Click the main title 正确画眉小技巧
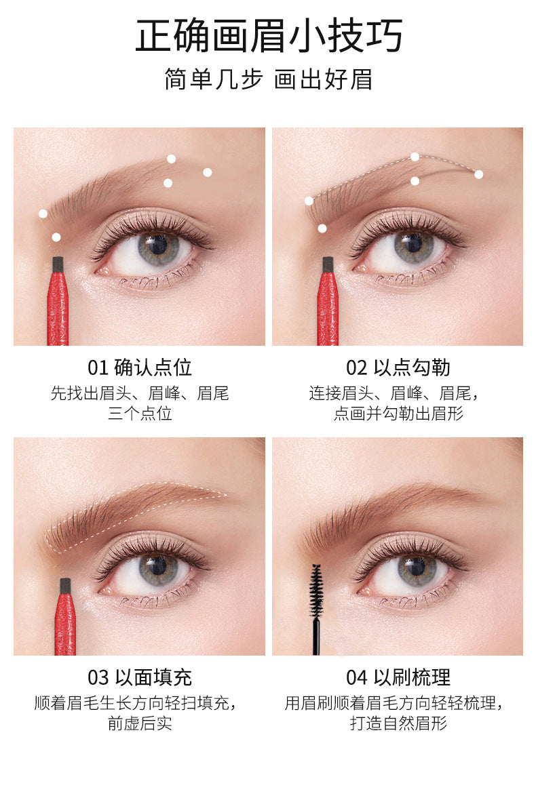tap(268, 36)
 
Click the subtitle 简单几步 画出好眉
tap(268, 79)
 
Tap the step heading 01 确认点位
tap(140, 367)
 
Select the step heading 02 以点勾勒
tap(398, 367)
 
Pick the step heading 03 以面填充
tap(140, 677)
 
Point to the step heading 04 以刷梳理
tap(398, 677)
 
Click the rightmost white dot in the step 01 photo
tap(208, 172)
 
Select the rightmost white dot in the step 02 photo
tap(478, 174)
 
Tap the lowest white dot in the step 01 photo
tap(56, 237)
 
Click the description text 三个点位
tap(140, 414)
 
